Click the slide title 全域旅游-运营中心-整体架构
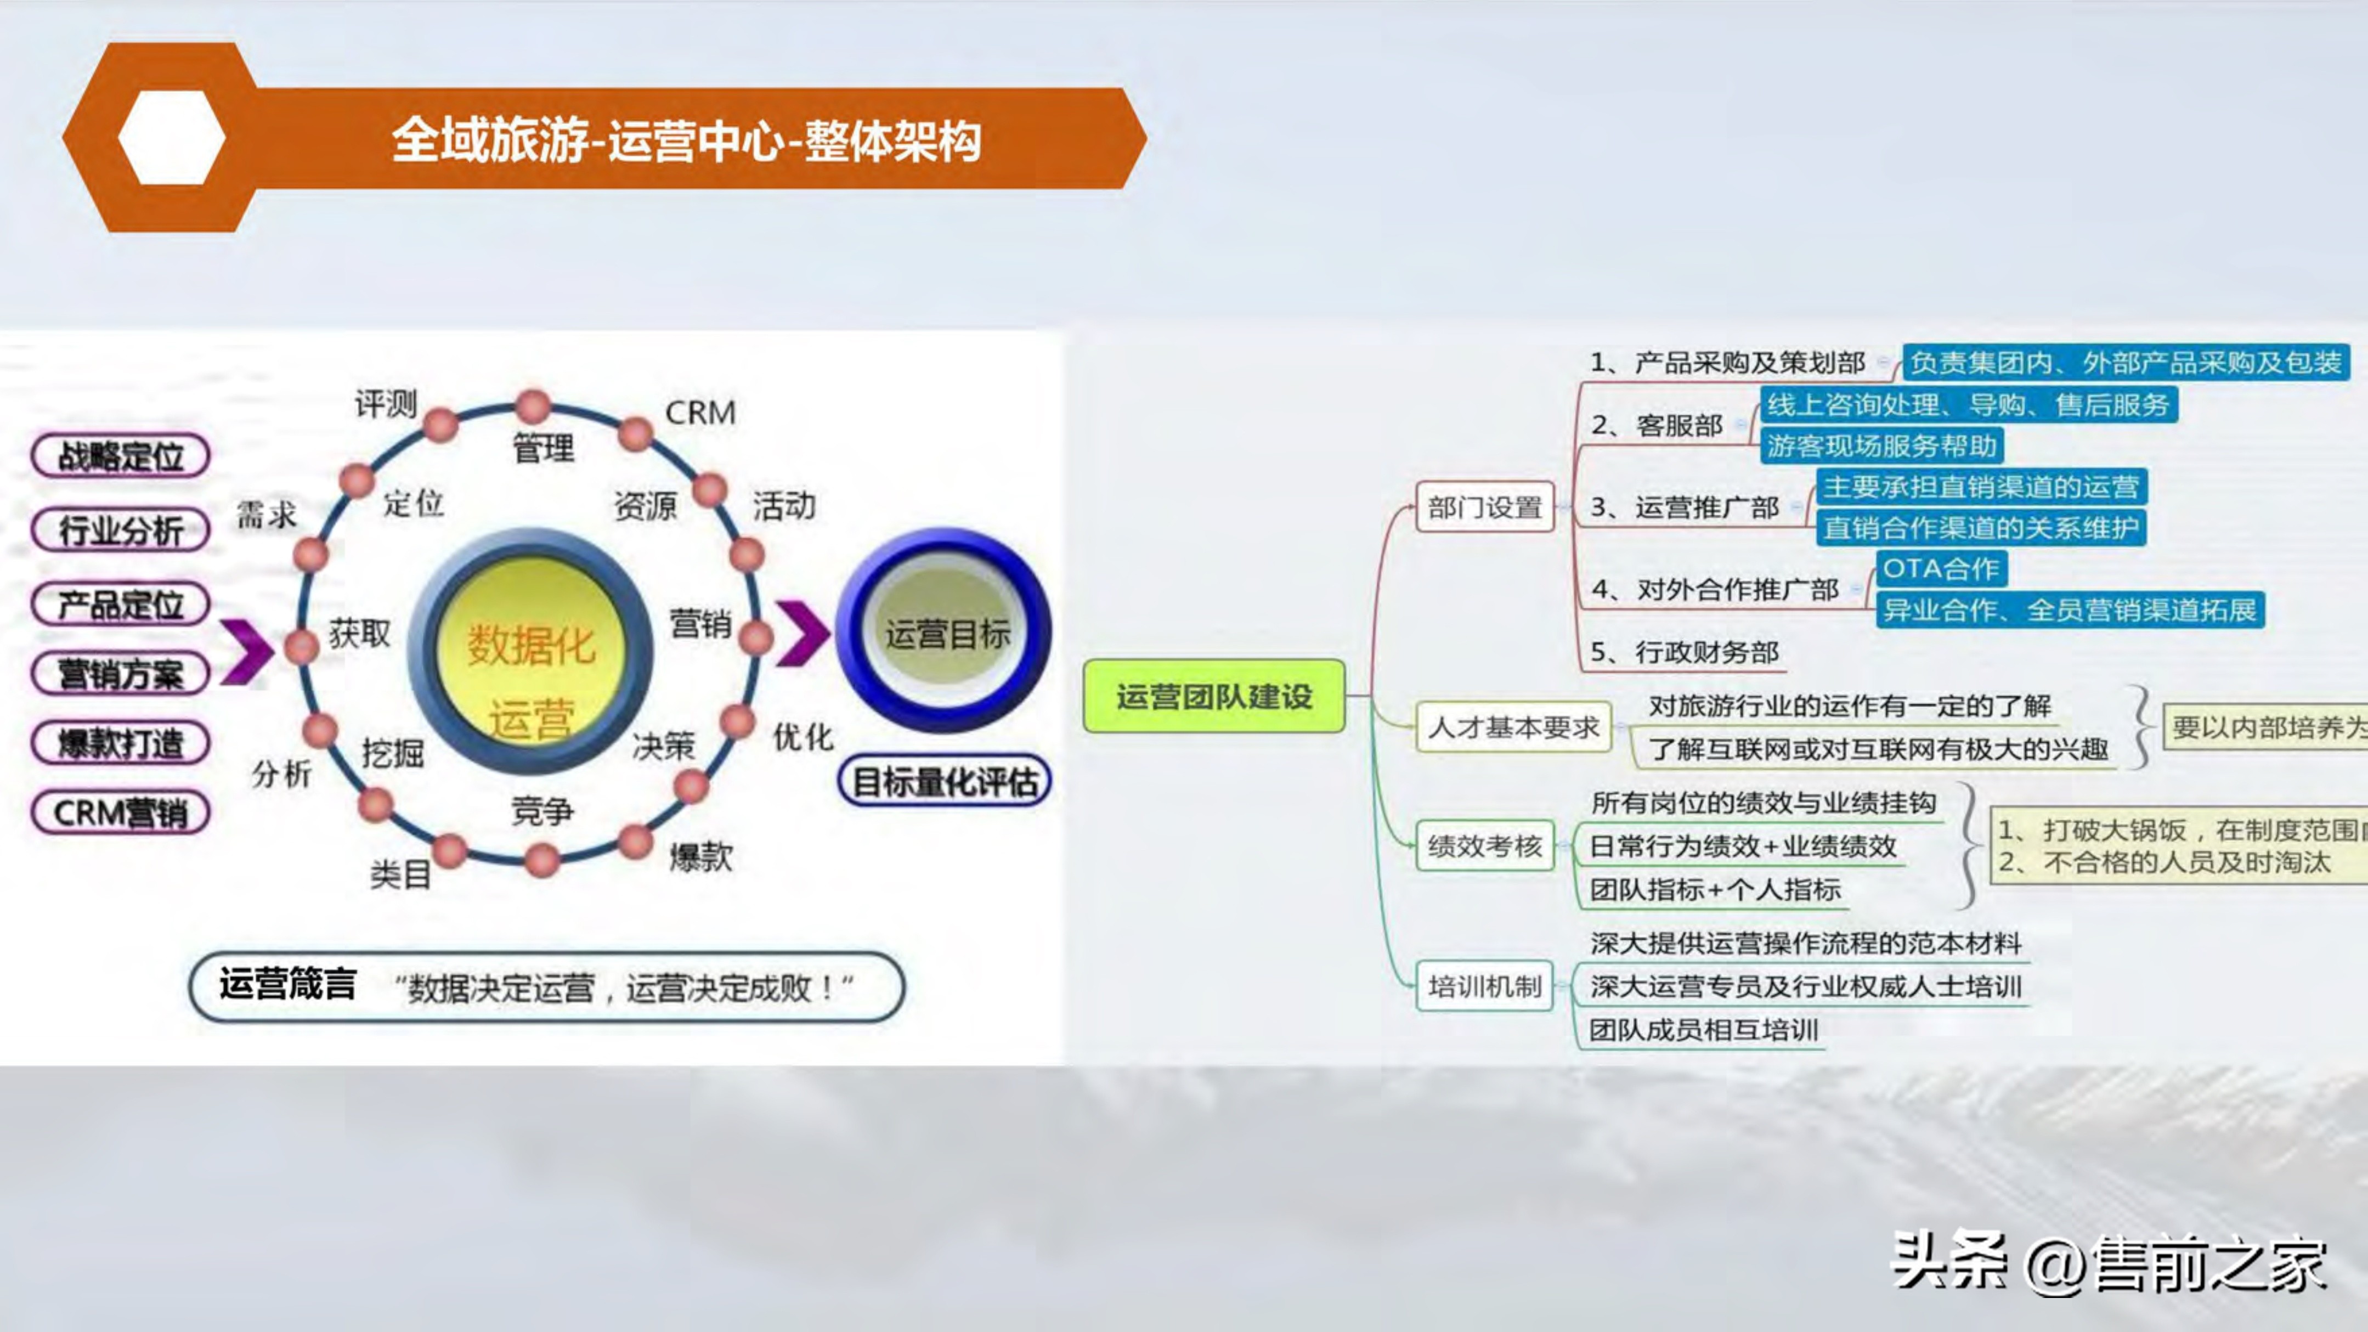click(x=686, y=140)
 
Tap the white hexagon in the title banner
click(x=171, y=138)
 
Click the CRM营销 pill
click(x=121, y=812)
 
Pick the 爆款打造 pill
click(x=121, y=743)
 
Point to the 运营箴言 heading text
click(x=288, y=985)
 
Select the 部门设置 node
click(x=1484, y=506)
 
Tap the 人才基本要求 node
click(x=1513, y=727)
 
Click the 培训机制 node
click(x=1484, y=986)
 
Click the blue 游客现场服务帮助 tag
click(x=1881, y=446)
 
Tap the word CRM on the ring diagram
click(x=700, y=413)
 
